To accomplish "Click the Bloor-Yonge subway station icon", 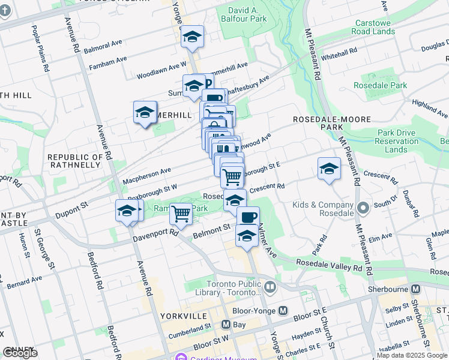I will [283, 311].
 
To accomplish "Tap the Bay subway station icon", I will [226, 325].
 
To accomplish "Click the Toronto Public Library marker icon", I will [270, 287].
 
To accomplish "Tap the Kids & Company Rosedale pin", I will [363, 208].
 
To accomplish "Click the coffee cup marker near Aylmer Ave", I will [248, 217].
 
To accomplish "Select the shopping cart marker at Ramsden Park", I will [180, 214].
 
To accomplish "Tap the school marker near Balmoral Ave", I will [192, 37].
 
